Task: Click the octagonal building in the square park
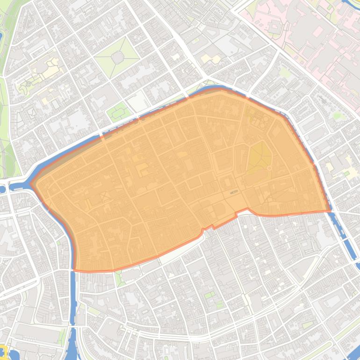(x=117, y=57)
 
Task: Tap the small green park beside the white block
(x=118, y=111)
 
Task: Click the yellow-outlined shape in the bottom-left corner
(x=3, y=350)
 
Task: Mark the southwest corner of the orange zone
(x=75, y=270)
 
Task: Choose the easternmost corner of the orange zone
(x=330, y=210)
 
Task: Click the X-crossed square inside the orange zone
(x=106, y=197)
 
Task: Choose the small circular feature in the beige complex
(x=29, y=85)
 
